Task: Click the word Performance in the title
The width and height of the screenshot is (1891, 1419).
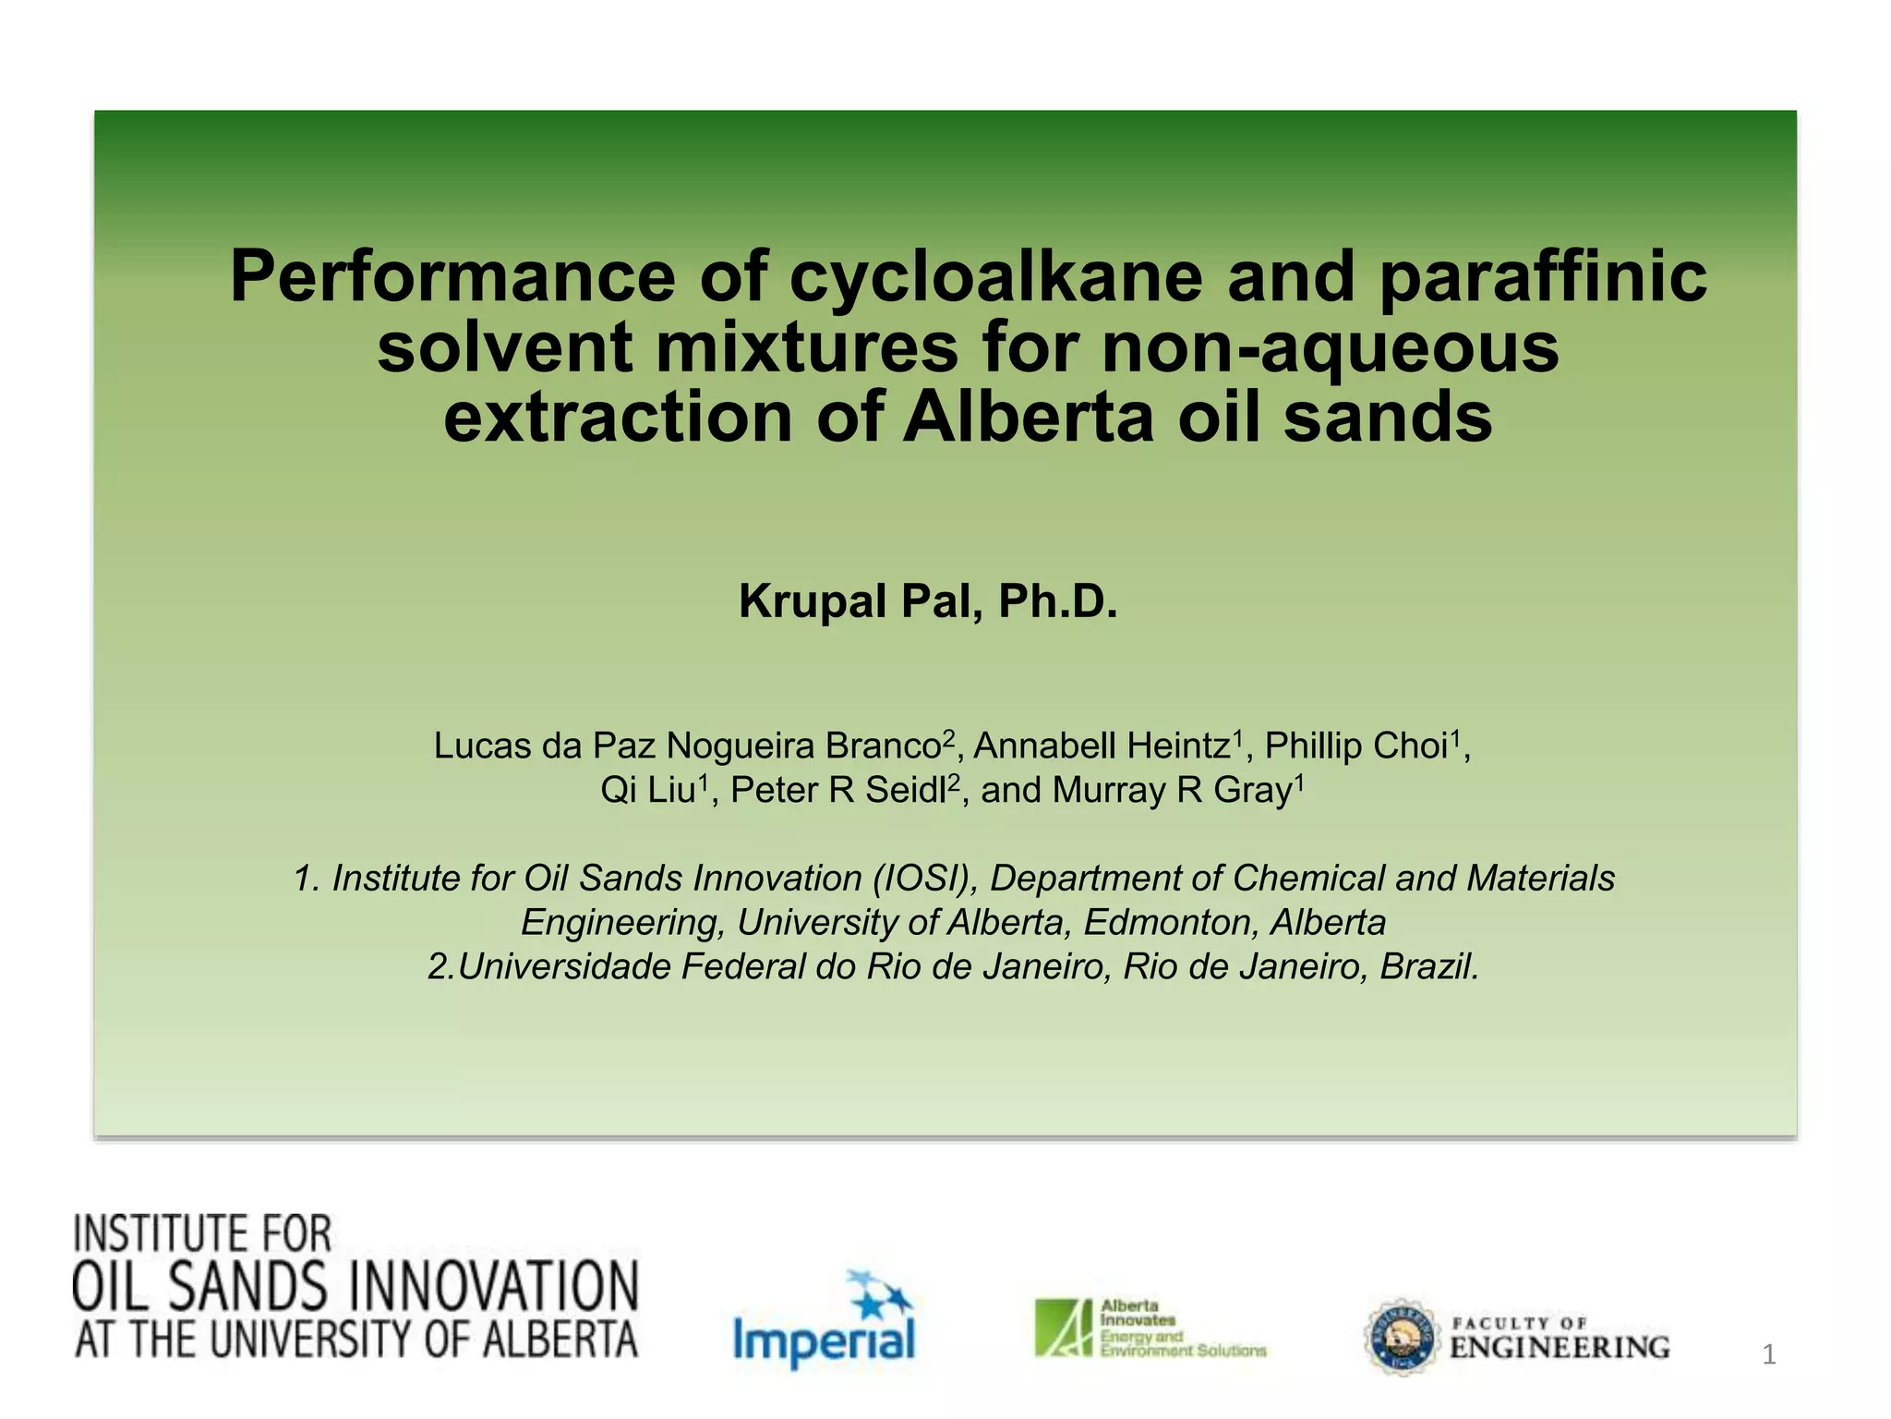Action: point(452,277)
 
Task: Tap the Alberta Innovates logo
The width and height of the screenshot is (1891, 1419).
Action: point(1150,1328)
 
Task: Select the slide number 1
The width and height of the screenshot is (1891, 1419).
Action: point(1768,1355)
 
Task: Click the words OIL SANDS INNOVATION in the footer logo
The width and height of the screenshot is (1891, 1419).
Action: point(355,1287)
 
